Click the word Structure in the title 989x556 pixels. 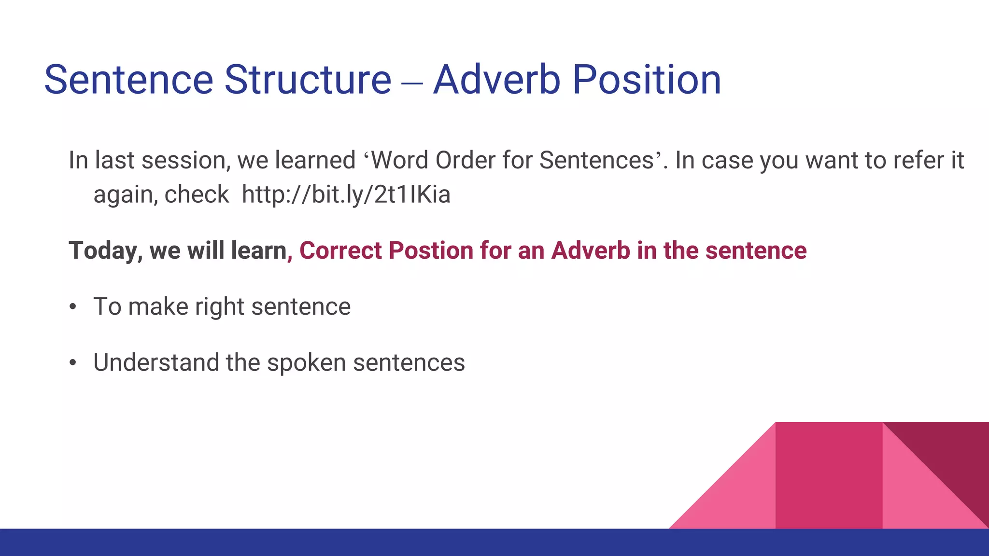[x=308, y=80]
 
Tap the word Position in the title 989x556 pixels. [x=647, y=80]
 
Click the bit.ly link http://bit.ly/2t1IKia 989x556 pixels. [x=346, y=195]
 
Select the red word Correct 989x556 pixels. [x=340, y=251]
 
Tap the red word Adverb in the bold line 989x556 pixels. [x=591, y=251]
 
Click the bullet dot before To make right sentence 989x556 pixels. [x=73, y=307]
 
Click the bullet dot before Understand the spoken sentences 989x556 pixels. [x=73, y=363]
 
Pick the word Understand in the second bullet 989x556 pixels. [x=156, y=363]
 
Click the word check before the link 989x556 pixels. [x=197, y=195]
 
